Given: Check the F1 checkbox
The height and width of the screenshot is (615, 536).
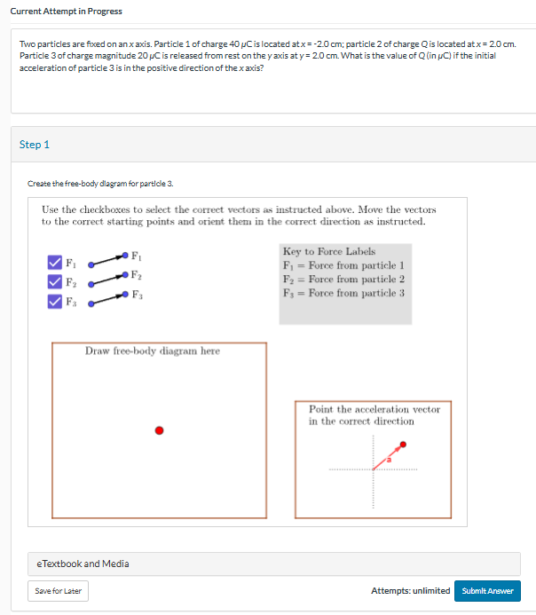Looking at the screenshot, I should point(54,263).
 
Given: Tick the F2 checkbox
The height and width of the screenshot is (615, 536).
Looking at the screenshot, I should point(54,282).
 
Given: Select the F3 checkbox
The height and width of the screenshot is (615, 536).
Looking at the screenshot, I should point(54,301).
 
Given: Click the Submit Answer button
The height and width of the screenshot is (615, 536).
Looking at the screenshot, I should point(487,591).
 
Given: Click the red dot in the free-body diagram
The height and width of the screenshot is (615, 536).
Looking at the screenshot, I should point(160,430).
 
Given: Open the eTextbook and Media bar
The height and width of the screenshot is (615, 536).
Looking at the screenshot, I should point(83,564).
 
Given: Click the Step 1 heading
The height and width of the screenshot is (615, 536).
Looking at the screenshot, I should point(35,144).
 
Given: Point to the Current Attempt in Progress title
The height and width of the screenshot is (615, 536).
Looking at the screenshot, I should point(61,11).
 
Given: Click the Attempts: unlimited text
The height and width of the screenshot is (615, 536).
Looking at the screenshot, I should point(410,591).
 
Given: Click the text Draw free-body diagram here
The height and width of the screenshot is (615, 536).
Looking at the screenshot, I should point(152,351).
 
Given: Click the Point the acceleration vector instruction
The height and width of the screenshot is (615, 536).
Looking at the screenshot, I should point(374,415).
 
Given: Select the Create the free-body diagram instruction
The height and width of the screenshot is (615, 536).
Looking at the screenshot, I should point(100,184).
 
